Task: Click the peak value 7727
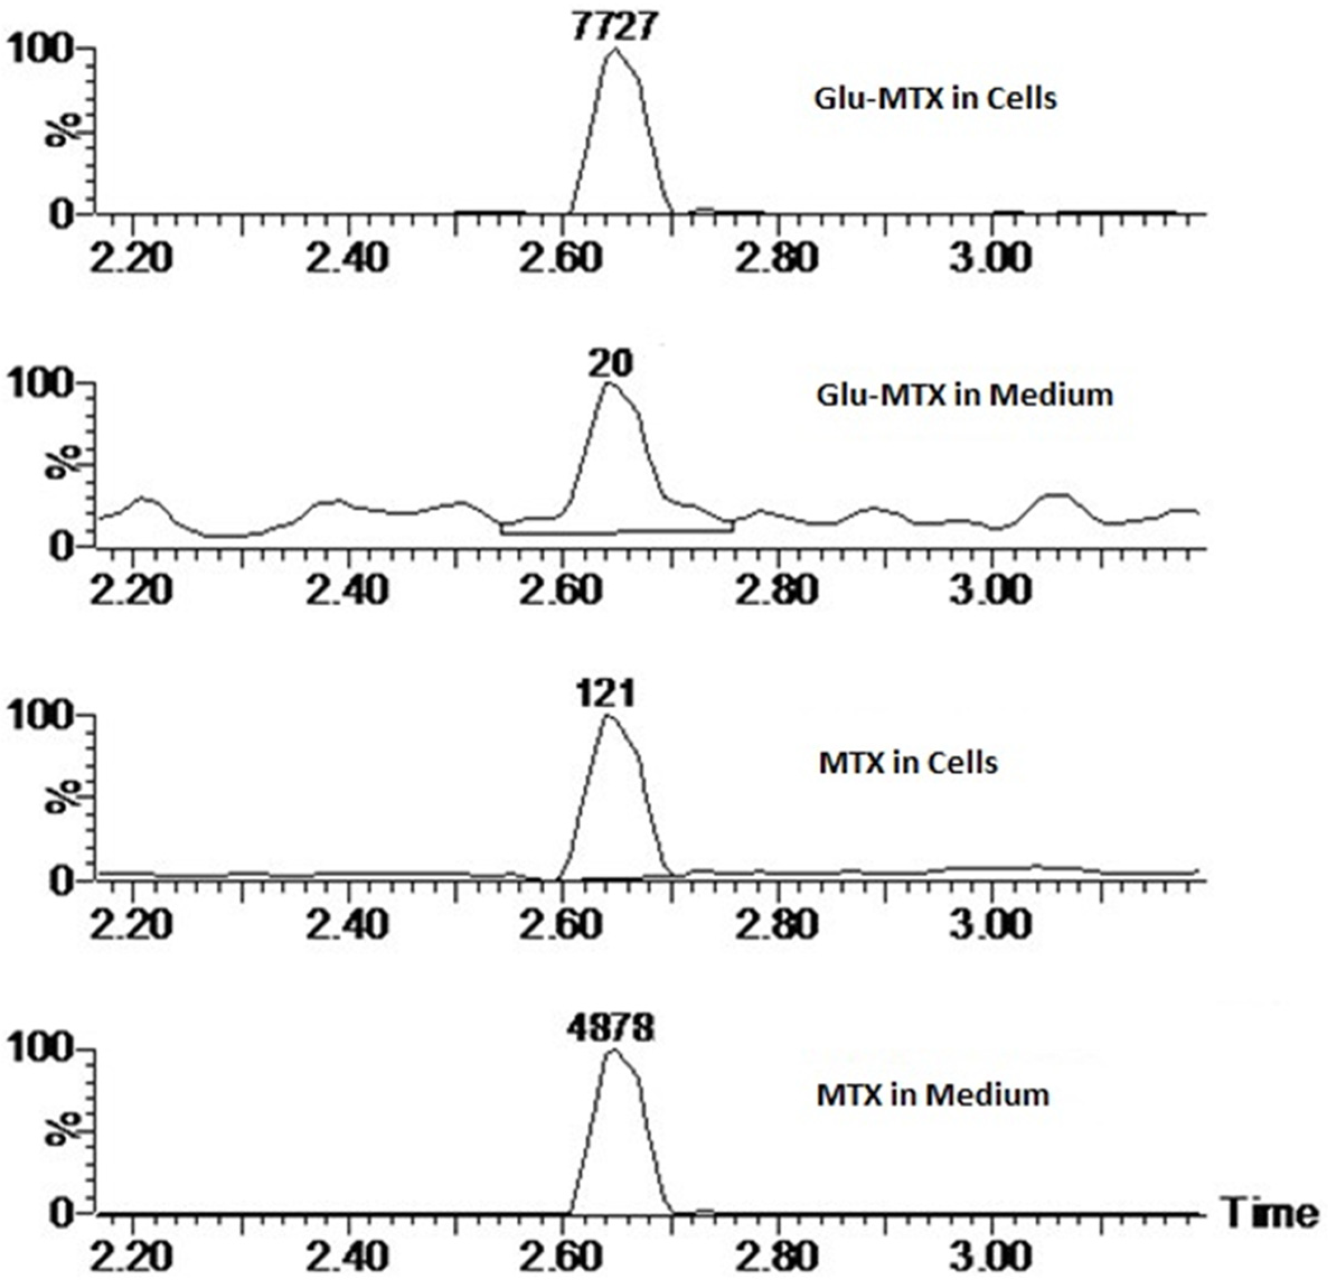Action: tap(613, 26)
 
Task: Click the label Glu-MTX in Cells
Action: tap(935, 100)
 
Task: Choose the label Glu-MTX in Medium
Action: tap(964, 395)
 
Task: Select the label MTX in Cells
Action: tap(908, 763)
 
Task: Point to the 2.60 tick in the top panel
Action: tap(562, 258)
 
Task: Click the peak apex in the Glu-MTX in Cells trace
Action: tap(615, 49)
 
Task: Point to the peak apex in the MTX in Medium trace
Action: tap(613, 1050)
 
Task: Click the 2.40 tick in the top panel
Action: tap(347, 258)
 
